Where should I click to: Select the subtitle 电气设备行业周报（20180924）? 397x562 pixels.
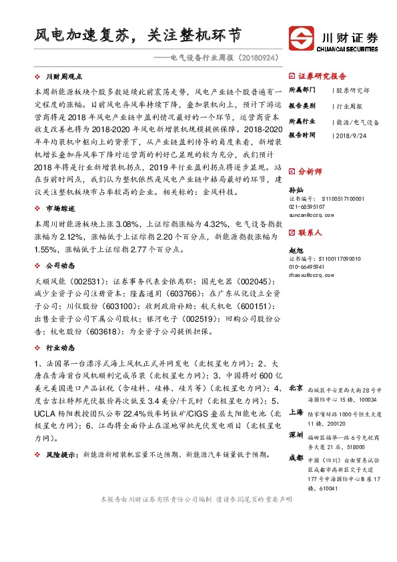[223, 59]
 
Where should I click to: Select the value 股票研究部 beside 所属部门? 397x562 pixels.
[352, 90]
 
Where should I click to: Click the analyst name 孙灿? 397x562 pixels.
[294, 190]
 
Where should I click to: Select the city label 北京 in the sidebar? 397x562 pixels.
[296, 388]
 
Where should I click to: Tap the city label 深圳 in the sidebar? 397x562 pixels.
[296, 435]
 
